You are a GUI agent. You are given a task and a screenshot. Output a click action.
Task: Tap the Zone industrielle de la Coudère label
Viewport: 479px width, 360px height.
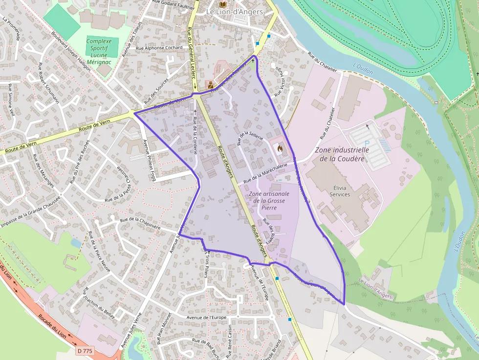click(x=342, y=154)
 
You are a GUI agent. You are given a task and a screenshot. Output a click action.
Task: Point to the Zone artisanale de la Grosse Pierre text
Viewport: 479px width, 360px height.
click(x=269, y=201)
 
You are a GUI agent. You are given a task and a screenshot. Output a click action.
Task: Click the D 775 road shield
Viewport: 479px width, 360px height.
click(x=85, y=350)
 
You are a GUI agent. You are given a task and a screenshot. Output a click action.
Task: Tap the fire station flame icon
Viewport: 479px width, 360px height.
click(x=280, y=147)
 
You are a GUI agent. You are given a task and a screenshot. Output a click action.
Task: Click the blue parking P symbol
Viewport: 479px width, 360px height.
click(x=367, y=142)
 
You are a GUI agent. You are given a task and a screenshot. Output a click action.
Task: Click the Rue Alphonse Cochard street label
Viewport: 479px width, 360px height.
click(x=159, y=48)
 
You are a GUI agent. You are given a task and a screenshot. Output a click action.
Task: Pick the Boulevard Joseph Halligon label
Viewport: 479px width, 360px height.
click(x=71, y=49)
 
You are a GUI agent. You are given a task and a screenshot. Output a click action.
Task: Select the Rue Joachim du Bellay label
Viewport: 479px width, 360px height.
click(x=100, y=303)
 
